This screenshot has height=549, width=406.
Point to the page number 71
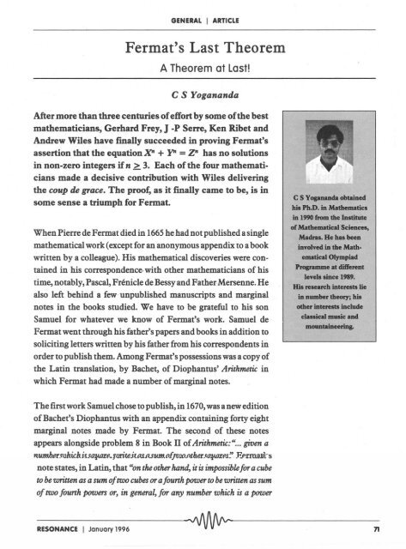pos(386,524)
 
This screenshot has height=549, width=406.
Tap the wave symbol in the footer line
pos(203,522)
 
